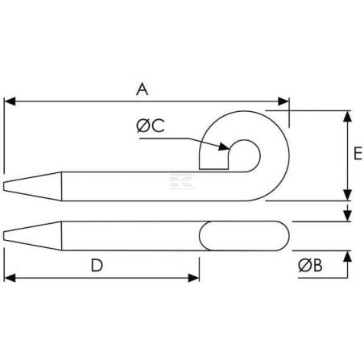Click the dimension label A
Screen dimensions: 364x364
coord(142,89)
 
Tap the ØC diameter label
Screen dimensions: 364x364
coord(151,126)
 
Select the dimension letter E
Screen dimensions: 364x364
coord(358,153)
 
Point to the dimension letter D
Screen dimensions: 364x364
coord(97,265)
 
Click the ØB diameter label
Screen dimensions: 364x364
coord(310,265)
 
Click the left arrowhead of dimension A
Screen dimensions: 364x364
coord(10,101)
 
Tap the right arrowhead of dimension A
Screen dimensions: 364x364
coord(283,101)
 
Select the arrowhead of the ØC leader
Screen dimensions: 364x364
coord(224,147)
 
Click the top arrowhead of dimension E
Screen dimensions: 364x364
coord(348,117)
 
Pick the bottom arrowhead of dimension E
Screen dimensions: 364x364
coord(348,195)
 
